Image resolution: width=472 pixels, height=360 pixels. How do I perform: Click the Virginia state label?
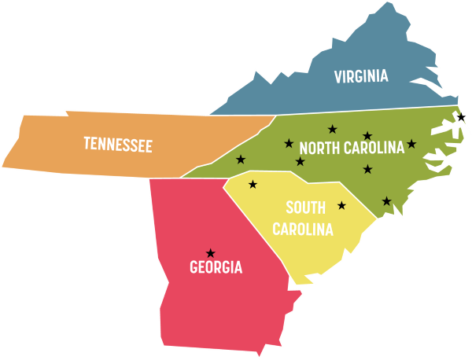[361, 76]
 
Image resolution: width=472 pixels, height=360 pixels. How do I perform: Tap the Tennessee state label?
[118, 145]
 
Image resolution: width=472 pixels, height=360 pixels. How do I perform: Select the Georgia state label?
[216, 268]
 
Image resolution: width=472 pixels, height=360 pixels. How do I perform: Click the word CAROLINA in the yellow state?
[303, 230]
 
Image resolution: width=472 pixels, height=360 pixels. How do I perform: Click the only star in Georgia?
[210, 253]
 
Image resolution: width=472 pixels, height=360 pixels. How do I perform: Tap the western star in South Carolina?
[253, 185]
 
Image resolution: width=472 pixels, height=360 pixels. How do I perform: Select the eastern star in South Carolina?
[341, 206]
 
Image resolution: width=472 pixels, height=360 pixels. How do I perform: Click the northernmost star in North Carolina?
[332, 129]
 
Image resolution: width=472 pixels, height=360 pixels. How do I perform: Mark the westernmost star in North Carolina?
[241, 160]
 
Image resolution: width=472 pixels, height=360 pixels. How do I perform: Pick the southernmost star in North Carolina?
[386, 201]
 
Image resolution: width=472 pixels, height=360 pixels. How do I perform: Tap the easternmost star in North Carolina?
[411, 144]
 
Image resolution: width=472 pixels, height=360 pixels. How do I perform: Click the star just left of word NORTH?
[289, 144]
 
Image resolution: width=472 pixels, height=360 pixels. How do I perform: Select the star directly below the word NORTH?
[300, 162]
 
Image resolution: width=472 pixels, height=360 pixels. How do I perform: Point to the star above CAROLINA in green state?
[367, 136]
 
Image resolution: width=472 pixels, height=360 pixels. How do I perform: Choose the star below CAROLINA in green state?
[367, 169]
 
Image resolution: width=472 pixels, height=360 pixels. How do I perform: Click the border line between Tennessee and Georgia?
[165, 178]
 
